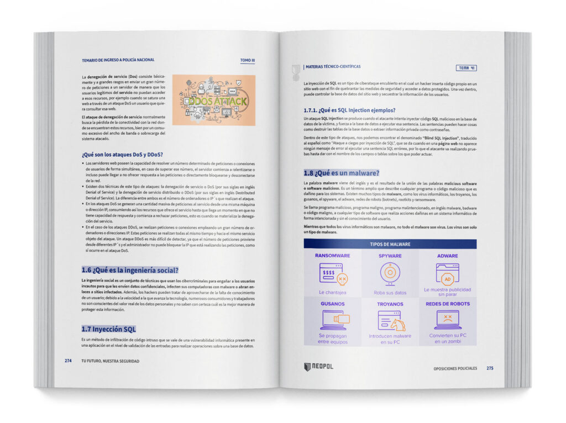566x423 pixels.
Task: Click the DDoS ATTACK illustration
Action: (213, 100)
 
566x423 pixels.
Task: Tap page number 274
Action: (68, 361)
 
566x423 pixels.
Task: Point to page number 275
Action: (490, 368)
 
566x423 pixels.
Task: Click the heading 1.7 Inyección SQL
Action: (108, 330)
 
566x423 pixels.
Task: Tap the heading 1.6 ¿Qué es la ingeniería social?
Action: (130, 271)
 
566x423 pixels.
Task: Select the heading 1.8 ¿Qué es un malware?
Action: (341, 173)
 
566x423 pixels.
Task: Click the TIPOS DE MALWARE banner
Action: (390, 244)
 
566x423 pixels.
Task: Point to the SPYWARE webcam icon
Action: (390, 273)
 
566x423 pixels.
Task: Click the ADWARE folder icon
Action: (447, 273)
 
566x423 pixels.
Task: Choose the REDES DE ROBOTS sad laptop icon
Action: (448, 320)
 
